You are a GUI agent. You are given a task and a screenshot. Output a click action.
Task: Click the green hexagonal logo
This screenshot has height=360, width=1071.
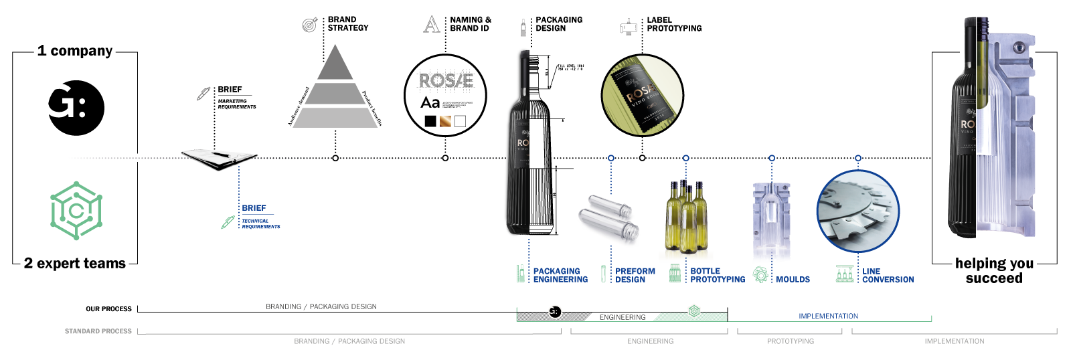coord(76,210)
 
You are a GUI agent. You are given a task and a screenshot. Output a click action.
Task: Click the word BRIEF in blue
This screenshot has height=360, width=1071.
coord(254,208)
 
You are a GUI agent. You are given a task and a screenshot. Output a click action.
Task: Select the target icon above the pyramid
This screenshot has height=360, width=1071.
coord(309,25)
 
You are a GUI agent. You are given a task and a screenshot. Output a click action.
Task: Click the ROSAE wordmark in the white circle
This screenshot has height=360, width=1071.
coord(446,81)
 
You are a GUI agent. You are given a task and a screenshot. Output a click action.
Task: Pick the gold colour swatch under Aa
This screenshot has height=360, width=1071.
coord(445,121)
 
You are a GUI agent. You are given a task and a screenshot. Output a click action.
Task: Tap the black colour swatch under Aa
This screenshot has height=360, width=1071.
coord(430,121)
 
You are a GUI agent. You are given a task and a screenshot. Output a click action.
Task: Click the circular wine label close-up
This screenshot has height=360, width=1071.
coord(642,95)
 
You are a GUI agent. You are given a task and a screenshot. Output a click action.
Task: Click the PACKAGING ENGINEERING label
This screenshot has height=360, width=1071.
coord(560,275)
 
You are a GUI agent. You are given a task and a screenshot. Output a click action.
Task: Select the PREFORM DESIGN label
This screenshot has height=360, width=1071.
coord(635,275)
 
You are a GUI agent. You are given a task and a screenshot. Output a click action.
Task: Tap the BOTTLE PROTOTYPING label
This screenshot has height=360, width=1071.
coord(717,275)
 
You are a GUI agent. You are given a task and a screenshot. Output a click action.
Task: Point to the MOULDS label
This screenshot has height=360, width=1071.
coord(793,279)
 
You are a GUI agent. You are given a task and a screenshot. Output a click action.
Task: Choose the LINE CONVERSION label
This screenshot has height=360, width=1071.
coord(888,275)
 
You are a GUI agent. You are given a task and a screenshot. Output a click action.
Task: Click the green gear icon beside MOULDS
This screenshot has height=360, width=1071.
coord(760,274)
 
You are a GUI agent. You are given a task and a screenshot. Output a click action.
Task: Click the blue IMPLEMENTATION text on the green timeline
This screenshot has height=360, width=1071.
coord(828,316)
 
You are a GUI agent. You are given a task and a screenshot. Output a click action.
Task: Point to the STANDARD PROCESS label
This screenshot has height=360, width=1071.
coord(98,331)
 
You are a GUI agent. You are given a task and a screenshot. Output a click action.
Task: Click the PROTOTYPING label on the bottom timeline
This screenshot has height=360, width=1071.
coord(791,341)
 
